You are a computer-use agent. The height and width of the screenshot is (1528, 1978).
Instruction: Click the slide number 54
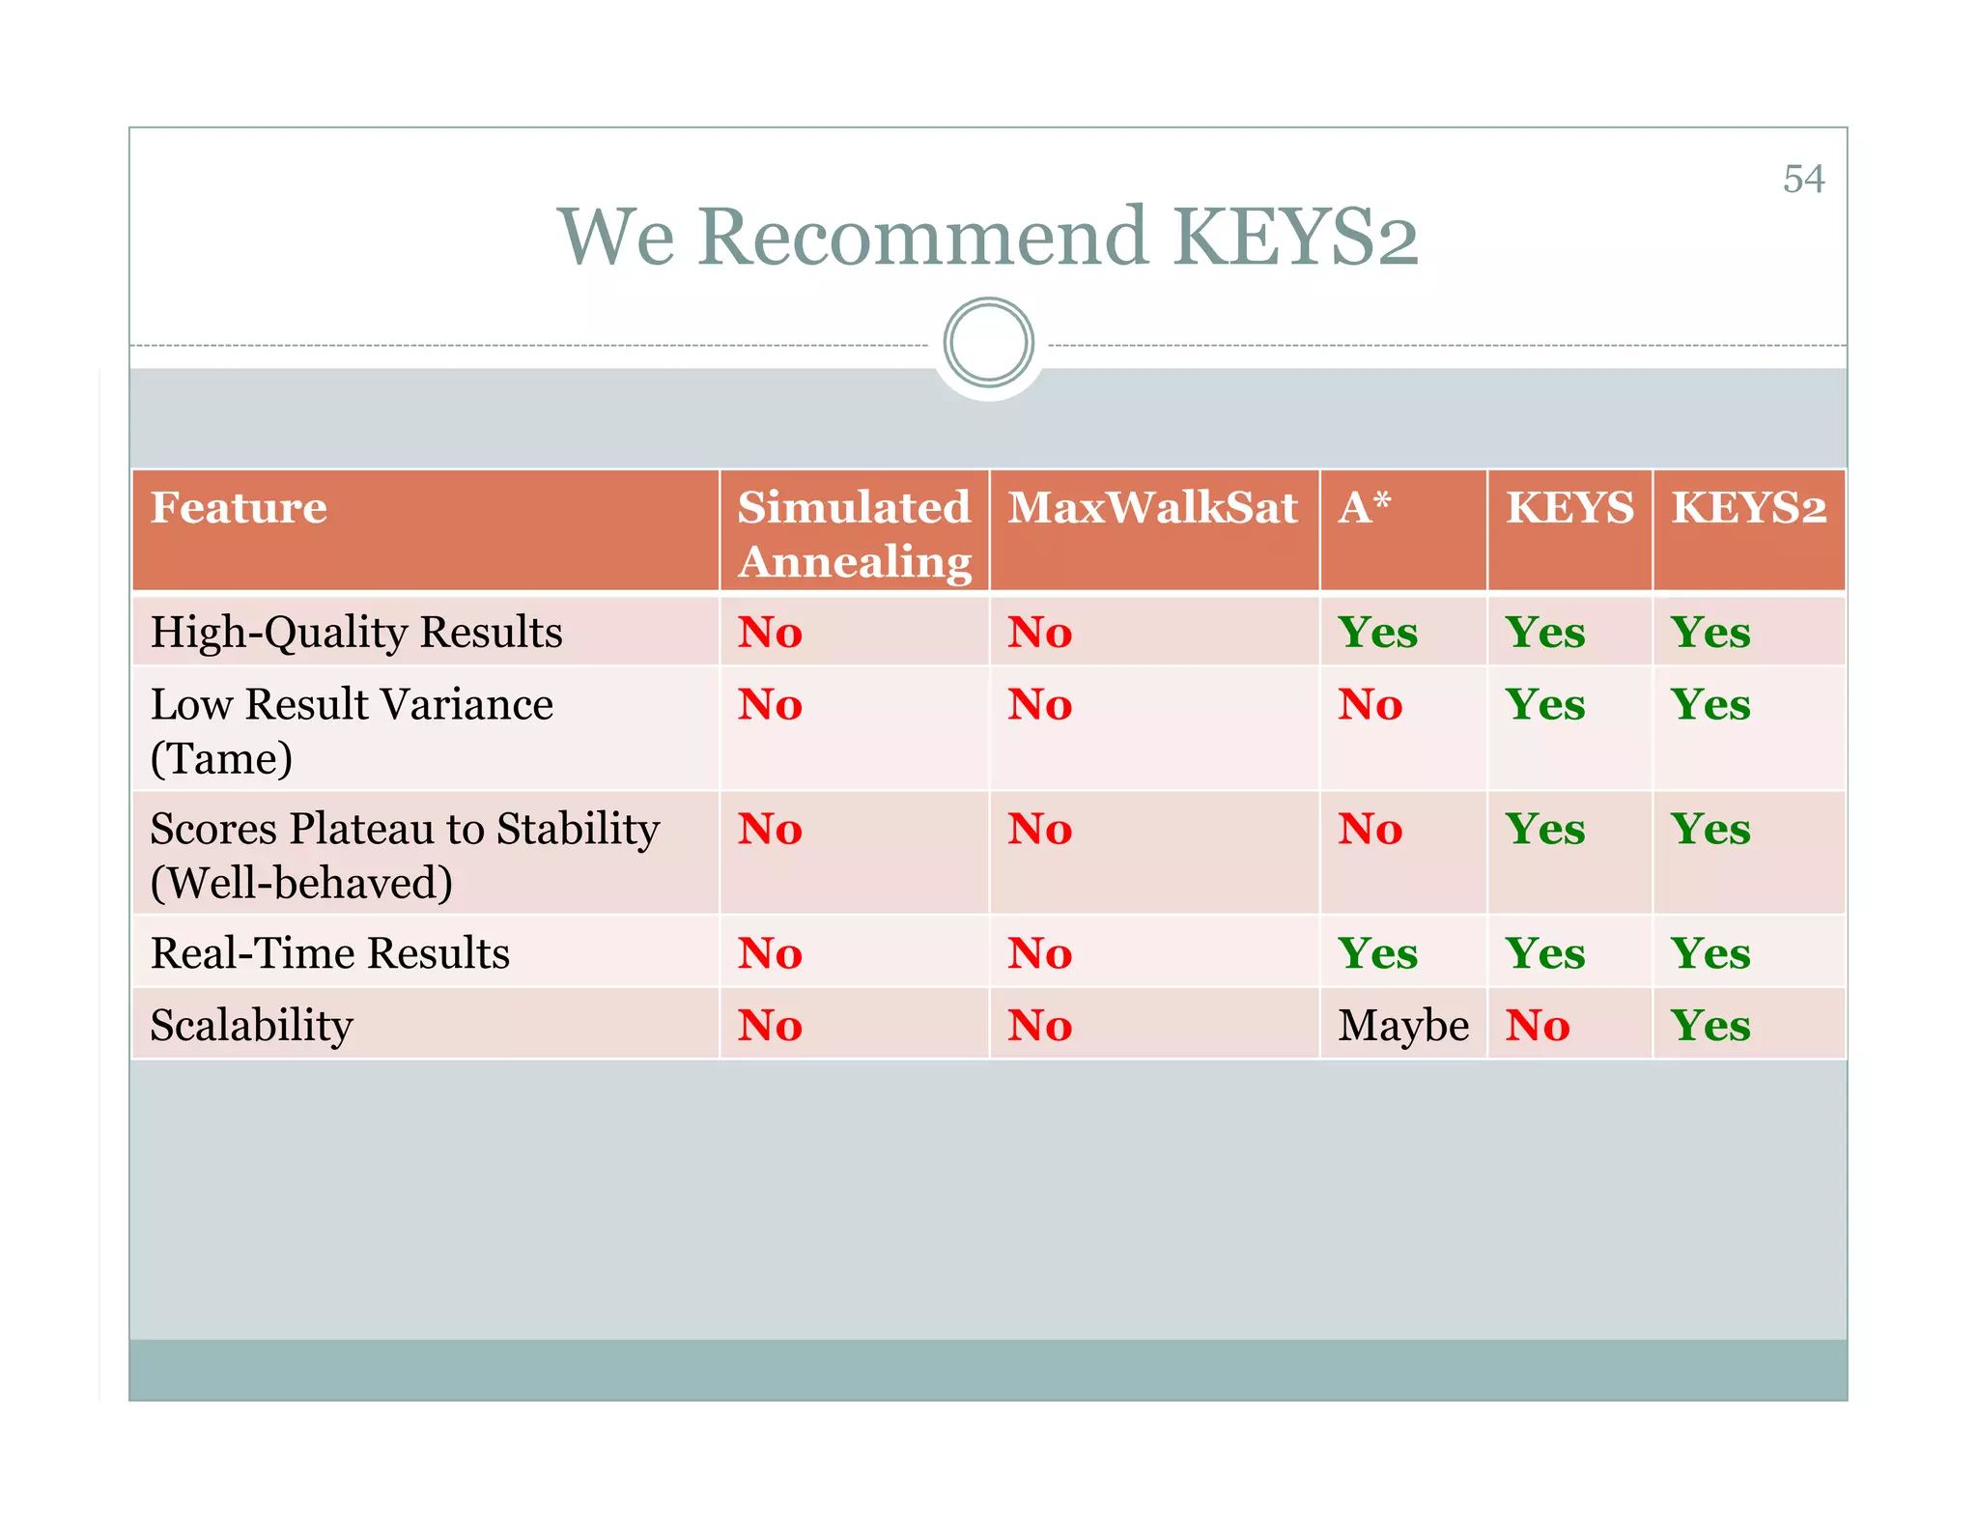[x=1802, y=180]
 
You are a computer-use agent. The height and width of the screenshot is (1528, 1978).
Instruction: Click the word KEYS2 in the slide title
[x=1295, y=237]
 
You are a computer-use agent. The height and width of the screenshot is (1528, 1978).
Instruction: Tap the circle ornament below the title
[x=988, y=343]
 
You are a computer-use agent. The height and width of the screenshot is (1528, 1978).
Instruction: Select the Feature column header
[x=239, y=508]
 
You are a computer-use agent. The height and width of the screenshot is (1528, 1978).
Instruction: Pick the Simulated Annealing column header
[x=854, y=534]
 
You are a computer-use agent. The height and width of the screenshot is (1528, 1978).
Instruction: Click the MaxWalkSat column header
[x=1152, y=508]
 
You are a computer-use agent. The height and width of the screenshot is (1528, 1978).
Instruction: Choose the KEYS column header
[x=1569, y=508]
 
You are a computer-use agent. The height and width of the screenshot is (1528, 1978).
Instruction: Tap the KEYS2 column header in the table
[x=1748, y=508]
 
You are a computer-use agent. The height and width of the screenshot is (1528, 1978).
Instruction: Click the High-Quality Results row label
[x=356, y=633]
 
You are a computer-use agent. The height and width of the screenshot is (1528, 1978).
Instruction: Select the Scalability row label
[x=252, y=1025]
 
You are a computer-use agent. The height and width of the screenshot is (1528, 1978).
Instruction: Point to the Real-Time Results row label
[x=330, y=953]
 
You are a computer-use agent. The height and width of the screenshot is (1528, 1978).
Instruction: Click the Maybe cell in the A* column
[x=1402, y=1026]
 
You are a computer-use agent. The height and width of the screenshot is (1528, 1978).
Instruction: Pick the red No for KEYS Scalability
[x=1538, y=1026]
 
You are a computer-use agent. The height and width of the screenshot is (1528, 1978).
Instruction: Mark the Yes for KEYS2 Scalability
[x=1710, y=1026]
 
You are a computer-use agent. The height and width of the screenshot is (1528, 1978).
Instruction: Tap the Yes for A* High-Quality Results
[x=1377, y=633]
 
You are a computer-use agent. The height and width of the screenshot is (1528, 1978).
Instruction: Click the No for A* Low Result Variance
[x=1370, y=705]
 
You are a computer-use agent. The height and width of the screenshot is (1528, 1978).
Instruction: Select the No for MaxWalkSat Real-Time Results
[x=1039, y=954]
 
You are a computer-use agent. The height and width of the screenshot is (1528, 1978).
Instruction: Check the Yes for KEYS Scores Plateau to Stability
[x=1545, y=830]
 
